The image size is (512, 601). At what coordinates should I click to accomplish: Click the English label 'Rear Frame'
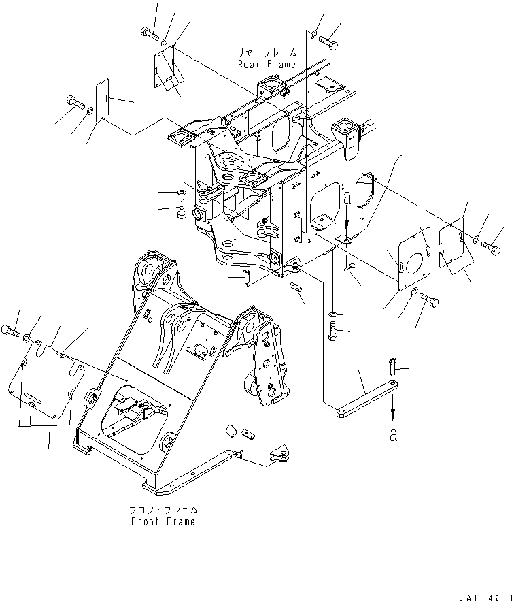pos(267,64)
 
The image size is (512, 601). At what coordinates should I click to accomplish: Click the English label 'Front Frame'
pos(163,521)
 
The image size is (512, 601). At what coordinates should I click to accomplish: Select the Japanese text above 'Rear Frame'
pos(267,52)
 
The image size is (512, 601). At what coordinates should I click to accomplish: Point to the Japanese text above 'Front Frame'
pos(163,509)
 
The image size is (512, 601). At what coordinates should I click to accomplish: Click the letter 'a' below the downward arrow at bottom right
pos(393,435)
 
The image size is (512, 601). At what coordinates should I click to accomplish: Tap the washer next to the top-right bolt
pos(313,35)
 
